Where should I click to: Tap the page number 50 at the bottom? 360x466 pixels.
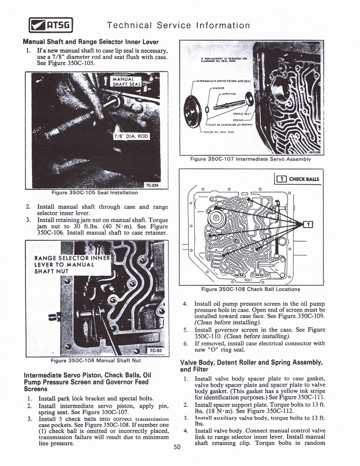(x=177, y=447)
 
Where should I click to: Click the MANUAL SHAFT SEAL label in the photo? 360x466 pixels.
(x=127, y=81)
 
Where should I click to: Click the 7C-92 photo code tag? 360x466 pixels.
(x=157, y=350)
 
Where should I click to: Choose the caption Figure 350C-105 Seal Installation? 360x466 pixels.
(x=95, y=193)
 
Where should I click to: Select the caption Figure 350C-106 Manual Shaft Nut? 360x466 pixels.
(x=95, y=362)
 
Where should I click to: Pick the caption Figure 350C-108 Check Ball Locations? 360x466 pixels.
(x=250, y=289)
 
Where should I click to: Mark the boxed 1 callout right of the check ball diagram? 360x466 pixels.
(x=308, y=224)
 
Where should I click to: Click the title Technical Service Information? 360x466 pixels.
(x=178, y=25)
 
